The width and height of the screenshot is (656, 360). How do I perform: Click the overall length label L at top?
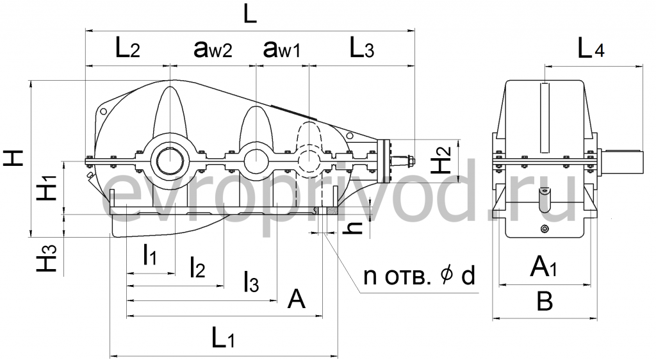click(250, 14)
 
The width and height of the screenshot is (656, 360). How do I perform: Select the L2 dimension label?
click(127, 49)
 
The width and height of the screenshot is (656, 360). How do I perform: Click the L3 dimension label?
click(361, 49)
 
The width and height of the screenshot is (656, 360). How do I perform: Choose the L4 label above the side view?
click(590, 49)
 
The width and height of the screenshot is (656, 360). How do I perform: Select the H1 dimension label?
click(49, 186)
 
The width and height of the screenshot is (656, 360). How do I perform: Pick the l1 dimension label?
click(149, 257)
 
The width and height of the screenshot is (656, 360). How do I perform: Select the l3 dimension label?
click(250, 282)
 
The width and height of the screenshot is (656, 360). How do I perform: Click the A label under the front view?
click(296, 298)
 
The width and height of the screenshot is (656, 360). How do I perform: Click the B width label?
click(544, 301)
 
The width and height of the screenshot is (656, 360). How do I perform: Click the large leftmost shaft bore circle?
click(170, 158)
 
